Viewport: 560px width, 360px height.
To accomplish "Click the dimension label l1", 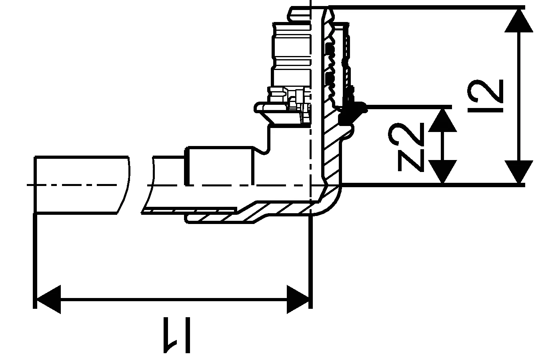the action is click(177, 335).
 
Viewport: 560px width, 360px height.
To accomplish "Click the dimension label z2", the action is click(406, 147).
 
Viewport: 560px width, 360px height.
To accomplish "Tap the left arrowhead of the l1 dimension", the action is click(48, 299).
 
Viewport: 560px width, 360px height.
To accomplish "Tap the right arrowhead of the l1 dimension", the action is click(298, 299).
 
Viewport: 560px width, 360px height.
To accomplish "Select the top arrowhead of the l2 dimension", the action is click(519, 21).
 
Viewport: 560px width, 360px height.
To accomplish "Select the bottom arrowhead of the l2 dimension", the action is click(519, 172).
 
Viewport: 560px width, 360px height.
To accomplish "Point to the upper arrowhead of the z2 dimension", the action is click(442, 120).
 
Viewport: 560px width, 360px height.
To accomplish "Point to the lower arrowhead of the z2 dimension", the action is click(442, 172).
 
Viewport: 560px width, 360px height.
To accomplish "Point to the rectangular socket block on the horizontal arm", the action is click(220, 166).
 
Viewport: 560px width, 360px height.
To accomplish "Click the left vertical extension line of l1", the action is click(35, 261).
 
